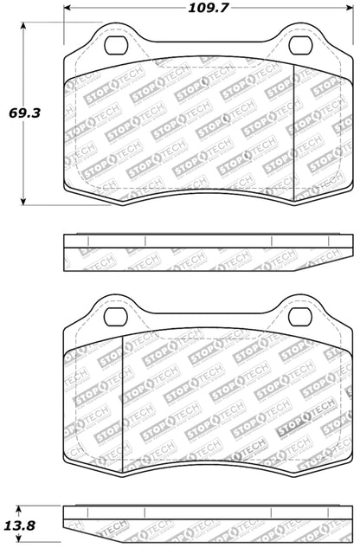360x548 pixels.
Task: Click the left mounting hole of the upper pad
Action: coord(112,48)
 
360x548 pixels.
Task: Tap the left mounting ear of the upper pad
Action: coord(112,43)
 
